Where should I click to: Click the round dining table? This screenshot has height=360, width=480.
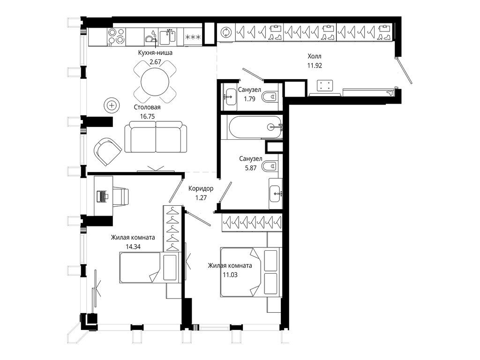point(155,82)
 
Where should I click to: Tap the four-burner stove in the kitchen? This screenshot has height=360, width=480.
point(116,36)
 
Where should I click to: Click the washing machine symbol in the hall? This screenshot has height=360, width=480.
point(226,32)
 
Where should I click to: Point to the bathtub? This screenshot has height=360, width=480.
point(255,127)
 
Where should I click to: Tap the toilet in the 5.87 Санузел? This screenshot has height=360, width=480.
point(270,166)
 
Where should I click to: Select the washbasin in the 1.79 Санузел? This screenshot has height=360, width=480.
point(229,96)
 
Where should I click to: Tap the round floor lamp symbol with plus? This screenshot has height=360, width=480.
point(112,105)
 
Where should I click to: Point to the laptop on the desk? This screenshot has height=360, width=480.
point(101,196)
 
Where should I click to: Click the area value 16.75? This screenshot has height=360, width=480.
point(147,116)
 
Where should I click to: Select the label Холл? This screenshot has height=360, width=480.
point(315,56)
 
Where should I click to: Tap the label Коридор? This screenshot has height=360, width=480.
point(201,188)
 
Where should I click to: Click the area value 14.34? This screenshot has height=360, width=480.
point(133,247)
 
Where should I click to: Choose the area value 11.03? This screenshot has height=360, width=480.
point(230,275)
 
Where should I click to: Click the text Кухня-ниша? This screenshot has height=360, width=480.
point(155,52)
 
